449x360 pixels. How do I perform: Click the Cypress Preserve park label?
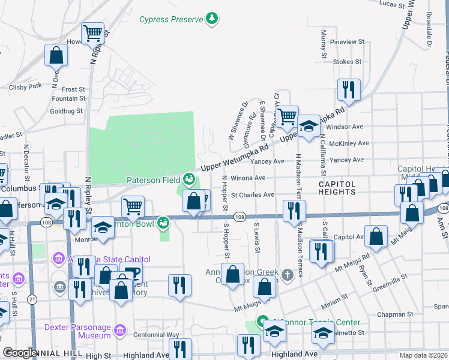click(172, 19)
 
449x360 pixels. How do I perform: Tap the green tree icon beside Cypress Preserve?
click(211, 19)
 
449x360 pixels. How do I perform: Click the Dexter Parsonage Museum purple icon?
click(119, 331)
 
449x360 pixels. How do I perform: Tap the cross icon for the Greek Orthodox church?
click(288, 275)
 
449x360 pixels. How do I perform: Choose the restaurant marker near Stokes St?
click(349, 90)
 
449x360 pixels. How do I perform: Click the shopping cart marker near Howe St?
click(93, 34)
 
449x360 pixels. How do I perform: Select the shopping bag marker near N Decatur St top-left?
click(56, 55)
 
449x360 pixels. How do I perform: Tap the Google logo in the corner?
click(20, 353)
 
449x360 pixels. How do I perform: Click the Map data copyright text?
click(423, 356)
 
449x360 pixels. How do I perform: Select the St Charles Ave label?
click(253, 194)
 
